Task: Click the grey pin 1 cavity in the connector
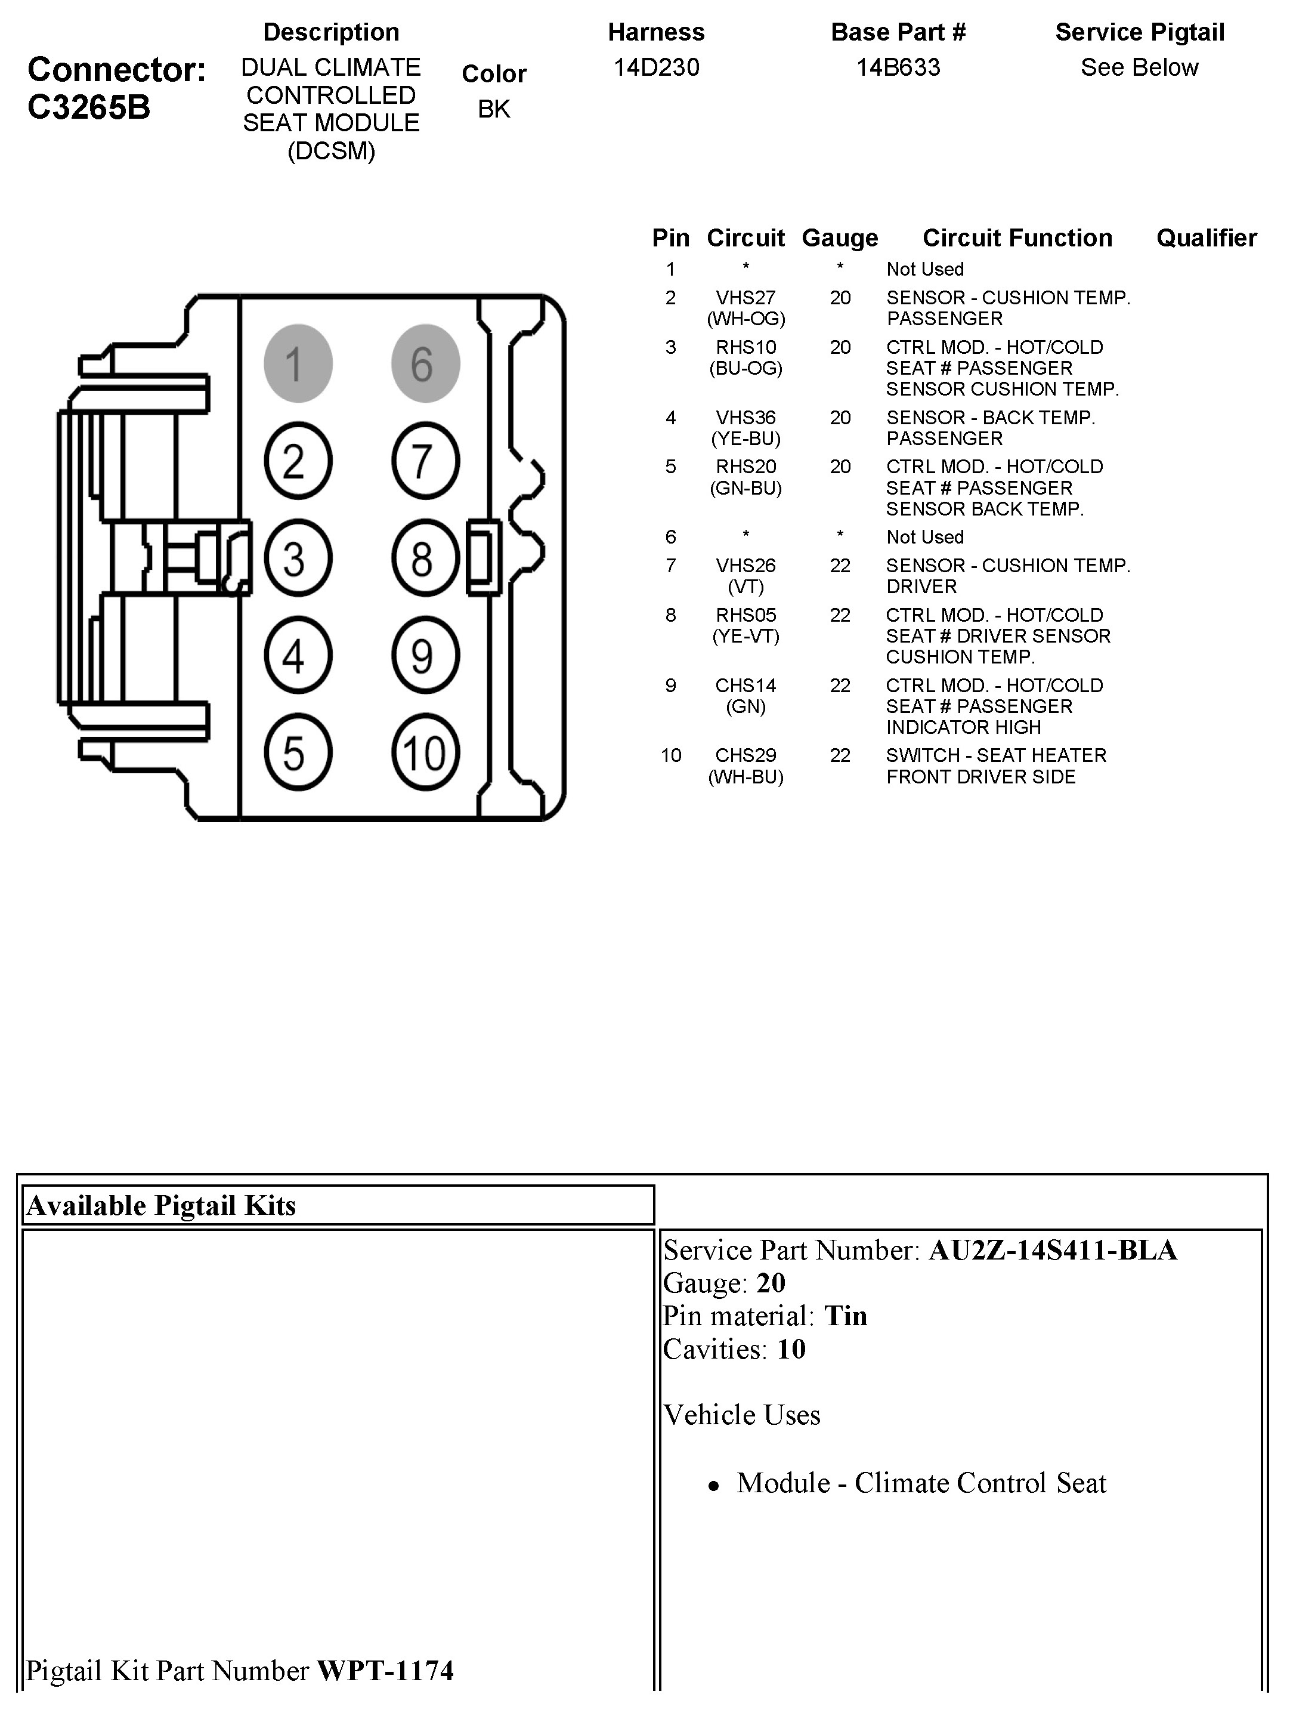(x=298, y=363)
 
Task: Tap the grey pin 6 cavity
(x=425, y=363)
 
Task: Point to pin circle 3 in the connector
(x=298, y=558)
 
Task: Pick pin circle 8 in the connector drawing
(x=425, y=558)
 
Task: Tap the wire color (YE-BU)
(x=746, y=439)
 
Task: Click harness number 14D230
(x=657, y=68)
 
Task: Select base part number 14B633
(x=898, y=68)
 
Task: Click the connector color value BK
(x=494, y=110)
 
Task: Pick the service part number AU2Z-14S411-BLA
(x=1053, y=1251)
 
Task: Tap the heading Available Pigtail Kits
(x=161, y=1206)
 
